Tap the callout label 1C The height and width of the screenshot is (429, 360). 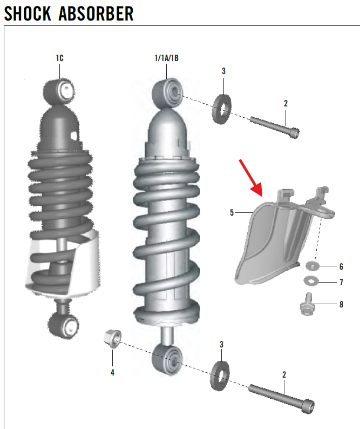tap(59, 58)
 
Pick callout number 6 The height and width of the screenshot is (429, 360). tap(341, 266)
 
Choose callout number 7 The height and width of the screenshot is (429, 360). tap(341, 282)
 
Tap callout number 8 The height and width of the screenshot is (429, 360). tap(341, 304)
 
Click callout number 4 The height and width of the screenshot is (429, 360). tap(112, 372)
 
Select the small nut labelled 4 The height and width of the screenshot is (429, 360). tap(112, 338)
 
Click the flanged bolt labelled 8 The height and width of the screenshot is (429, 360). tap(307, 305)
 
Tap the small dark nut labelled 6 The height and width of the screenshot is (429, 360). tap(313, 266)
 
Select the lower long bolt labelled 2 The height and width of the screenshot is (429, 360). tap(281, 396)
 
